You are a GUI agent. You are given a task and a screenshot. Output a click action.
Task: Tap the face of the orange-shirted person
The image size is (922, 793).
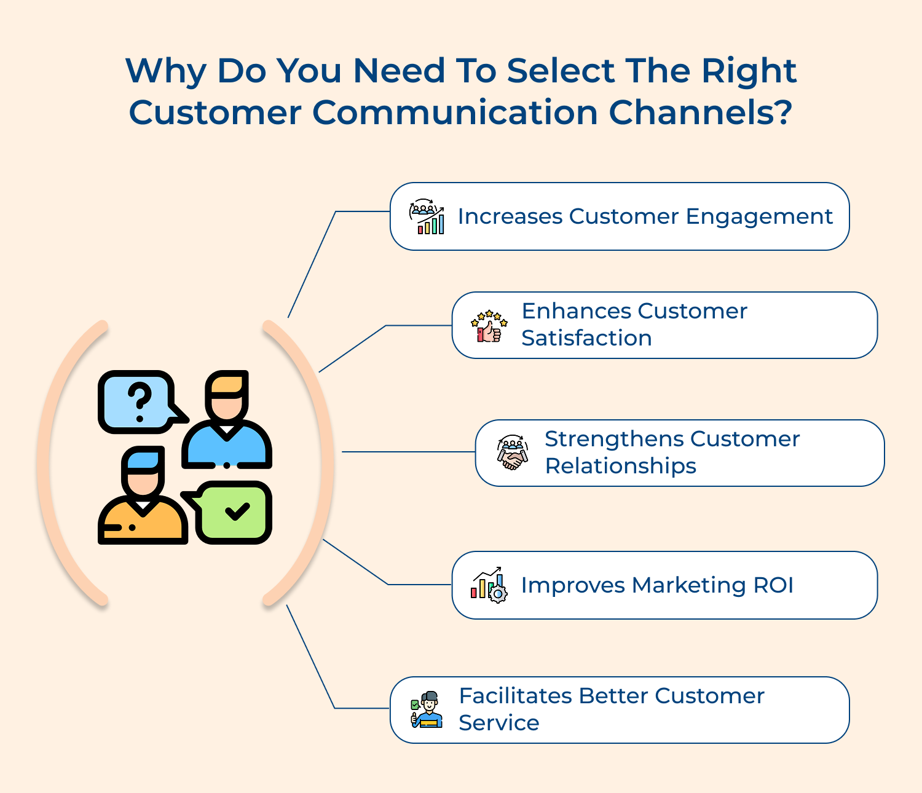pos(143,480)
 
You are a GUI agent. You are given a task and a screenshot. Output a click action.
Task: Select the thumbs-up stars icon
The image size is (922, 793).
pos(489,326)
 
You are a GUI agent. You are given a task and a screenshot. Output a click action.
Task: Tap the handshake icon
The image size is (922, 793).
pos(513,453)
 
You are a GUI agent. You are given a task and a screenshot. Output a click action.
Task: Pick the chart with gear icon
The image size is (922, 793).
pos(489,585)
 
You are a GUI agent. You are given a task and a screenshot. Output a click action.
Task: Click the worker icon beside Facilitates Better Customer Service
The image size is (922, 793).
pos(427,709)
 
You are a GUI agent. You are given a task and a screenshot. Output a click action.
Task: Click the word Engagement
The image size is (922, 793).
pos(759,217)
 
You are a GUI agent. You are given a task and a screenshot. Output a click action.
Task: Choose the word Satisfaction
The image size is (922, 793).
pos(586,339)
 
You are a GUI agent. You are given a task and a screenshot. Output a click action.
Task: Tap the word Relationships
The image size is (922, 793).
pos(620,467)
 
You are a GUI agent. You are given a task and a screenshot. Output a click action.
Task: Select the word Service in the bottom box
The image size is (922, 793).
pos(498,724)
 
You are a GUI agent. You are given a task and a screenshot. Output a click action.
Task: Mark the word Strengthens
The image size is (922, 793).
pos(613,440)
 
